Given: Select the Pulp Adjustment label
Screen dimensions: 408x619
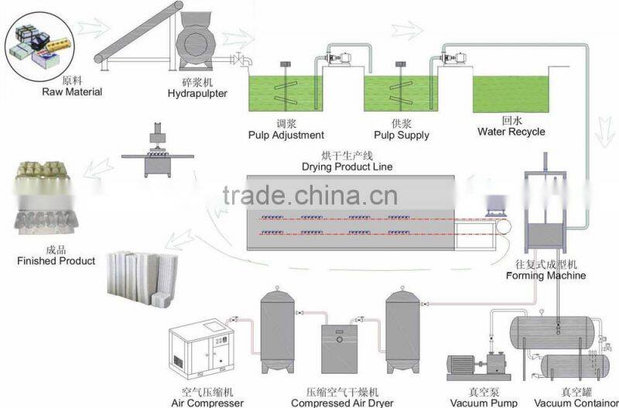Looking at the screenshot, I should pyautogui.click(x=286, y=135).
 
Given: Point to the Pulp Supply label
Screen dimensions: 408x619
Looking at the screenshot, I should pyautogui.click(x=402, y=135).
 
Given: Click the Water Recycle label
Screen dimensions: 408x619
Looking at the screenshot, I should pyautogui.click(x=511, y=132).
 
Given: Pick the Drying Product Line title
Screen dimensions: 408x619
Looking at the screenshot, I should pyautogui.click(x=347, y=166).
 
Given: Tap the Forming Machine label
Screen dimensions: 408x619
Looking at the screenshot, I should pyautogui.click(x=545, y=275).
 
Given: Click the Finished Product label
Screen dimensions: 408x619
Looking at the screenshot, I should pyautogui.click(x=56, y=261).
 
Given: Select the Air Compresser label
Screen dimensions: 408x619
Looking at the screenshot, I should pyautogui.click(x=207, y=403).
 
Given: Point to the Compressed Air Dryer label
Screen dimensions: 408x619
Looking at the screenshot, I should pyautogui.click(x=342, y=403).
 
